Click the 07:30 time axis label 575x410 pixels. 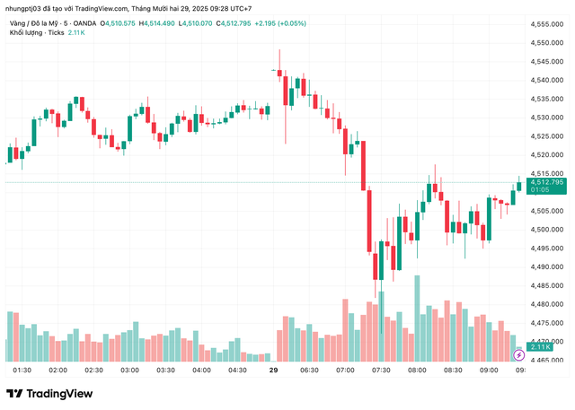point(381,371)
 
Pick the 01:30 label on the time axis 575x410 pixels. point(22,371)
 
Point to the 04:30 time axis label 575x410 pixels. point(237,371)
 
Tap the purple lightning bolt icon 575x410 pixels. point(518,355)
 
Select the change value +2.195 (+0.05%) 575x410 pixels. point(305,22)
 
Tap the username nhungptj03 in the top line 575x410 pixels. point(29,8)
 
